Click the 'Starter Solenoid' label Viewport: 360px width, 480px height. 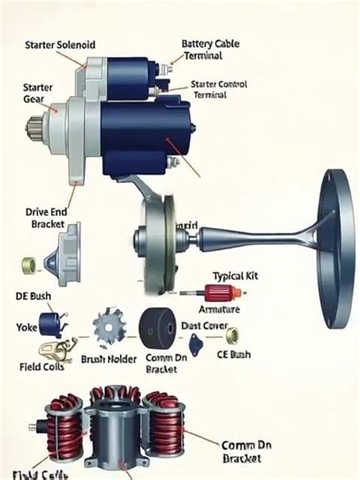(60, 44)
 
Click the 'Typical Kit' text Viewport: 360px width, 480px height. (241, 276)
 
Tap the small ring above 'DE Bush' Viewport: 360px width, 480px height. (29, 267)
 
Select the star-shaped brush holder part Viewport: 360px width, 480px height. (108, 328)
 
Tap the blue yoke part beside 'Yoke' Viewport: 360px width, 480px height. (50, 324)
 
